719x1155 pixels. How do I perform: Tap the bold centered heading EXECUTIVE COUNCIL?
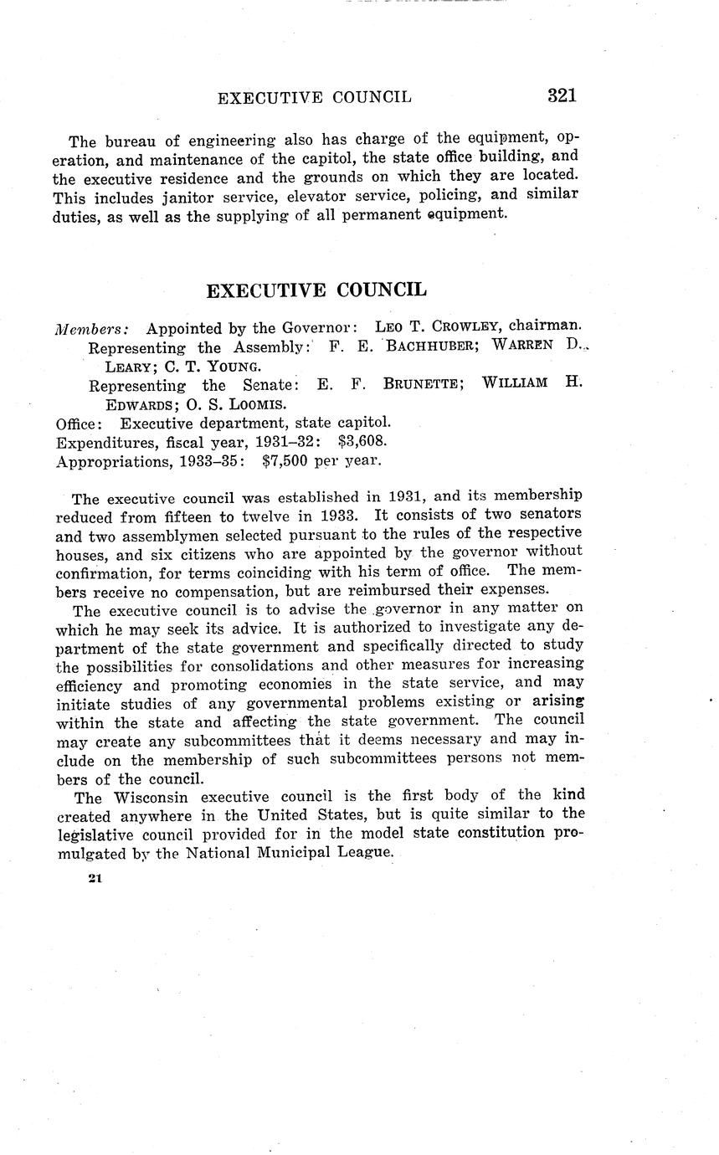(316, 290)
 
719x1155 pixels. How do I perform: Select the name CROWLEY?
(456, 326)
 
